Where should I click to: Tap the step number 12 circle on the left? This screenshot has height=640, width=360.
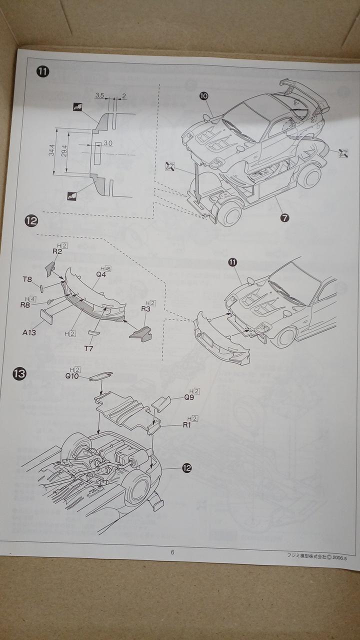[x=31, y=220]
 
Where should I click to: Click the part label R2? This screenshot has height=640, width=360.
[x=57, y=251]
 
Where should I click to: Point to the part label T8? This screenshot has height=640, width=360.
[x=27, y=280]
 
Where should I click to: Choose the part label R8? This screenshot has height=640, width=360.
[x=25, y=304]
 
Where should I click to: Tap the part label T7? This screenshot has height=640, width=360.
[x=88, y=348]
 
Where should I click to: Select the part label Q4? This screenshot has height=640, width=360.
[x=101, y=274]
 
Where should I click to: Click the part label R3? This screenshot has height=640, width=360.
[x=146, y=308]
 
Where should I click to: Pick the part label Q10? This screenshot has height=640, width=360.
[x=72, y=376]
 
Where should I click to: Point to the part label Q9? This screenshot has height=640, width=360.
[x=189, y=398]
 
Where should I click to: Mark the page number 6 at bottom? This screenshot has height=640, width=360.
[x=172, y=552]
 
